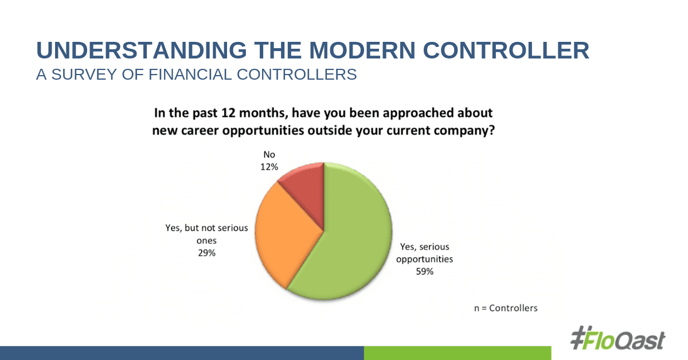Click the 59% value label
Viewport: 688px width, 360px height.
pos(424,272)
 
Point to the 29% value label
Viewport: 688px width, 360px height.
pos(207,253)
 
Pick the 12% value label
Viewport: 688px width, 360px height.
pos(269,167)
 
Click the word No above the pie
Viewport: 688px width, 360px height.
pos(269,154)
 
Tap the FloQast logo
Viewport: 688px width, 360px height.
pos(617,338)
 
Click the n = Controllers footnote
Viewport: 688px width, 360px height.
pos(506,308)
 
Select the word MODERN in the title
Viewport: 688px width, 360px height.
pos(362,50)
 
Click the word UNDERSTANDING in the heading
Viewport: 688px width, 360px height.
pos(142,50)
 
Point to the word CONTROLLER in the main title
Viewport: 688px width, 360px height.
pos(506,50)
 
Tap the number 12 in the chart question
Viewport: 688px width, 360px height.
pos(228,113)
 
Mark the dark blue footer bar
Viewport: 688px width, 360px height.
pos(182,353)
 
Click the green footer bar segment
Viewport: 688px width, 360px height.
pos(458,353)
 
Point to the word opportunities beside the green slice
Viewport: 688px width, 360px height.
pos(424,260)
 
